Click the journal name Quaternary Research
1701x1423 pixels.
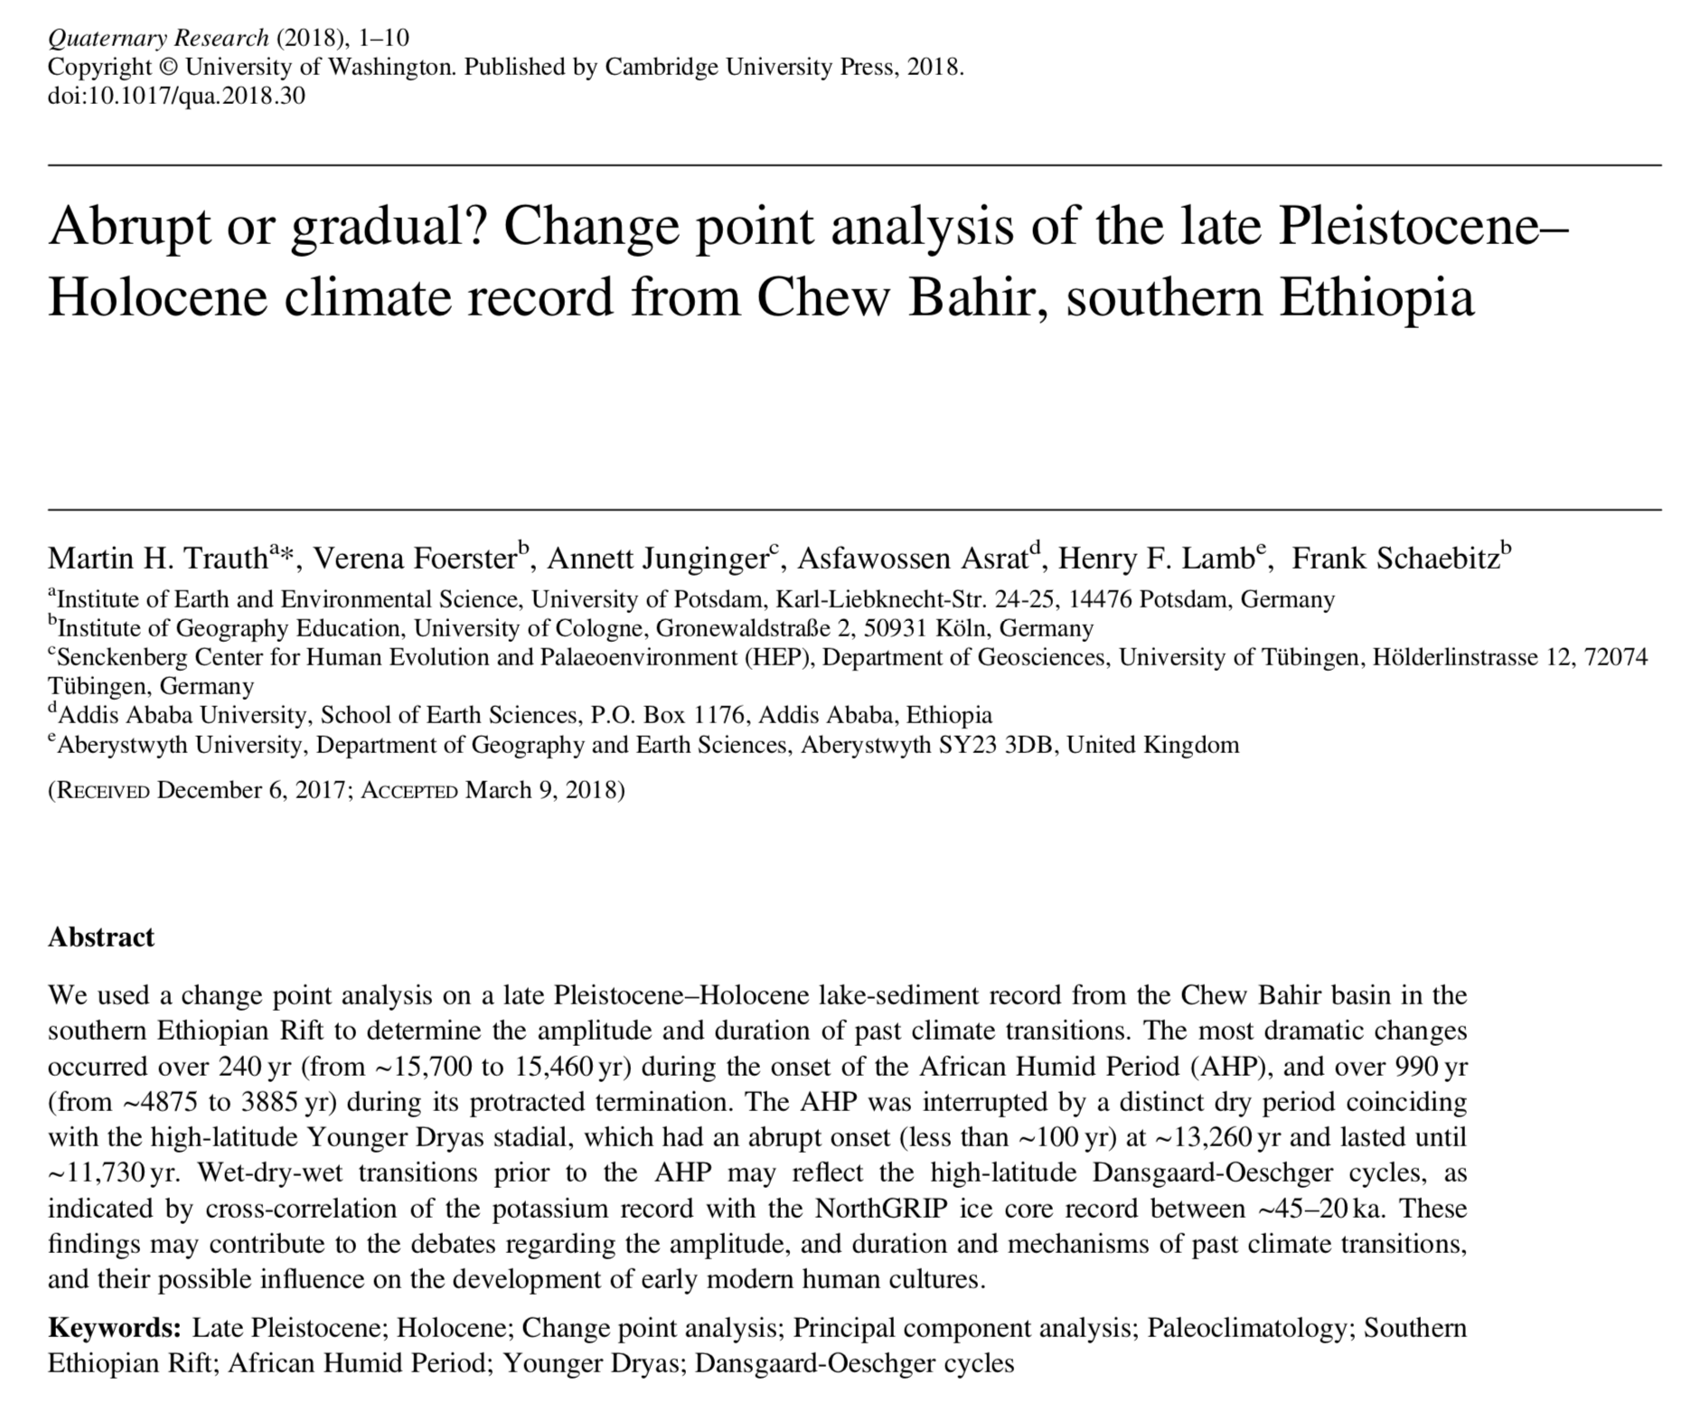click(x=158, y=38)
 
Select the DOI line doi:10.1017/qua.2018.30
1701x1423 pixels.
click(x=176, y=96)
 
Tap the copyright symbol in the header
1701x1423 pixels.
click(x=168, y=68)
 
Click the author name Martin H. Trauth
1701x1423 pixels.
click(x=158, y=559)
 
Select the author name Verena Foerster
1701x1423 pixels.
click(x=414, y=559)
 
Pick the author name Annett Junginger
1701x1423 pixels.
click(x=657, y=559)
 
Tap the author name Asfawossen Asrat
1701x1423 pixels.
click(x=913, y=559)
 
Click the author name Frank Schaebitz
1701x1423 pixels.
click(x=1396, y=559)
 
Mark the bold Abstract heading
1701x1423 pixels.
click(x=101, y=937)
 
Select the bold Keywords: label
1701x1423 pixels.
click(x=115, y=1328)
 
